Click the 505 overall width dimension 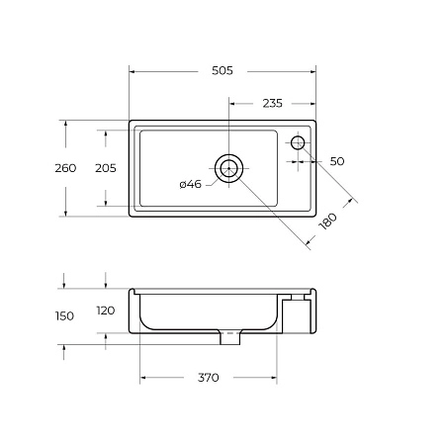tap(222, 70)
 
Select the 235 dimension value tap(273, 101)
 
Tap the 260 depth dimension tap(65, 168)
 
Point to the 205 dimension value tap(105, 168)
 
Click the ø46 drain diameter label tap(191, 184)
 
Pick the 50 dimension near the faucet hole tap(336, 160)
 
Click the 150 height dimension tap(65, 315)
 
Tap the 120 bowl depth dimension tap(105, 311)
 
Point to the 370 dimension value tap(207, 378)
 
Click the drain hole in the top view tap(229, 169)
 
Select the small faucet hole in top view tap(298, 144)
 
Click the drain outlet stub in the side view tap(229, 337)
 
